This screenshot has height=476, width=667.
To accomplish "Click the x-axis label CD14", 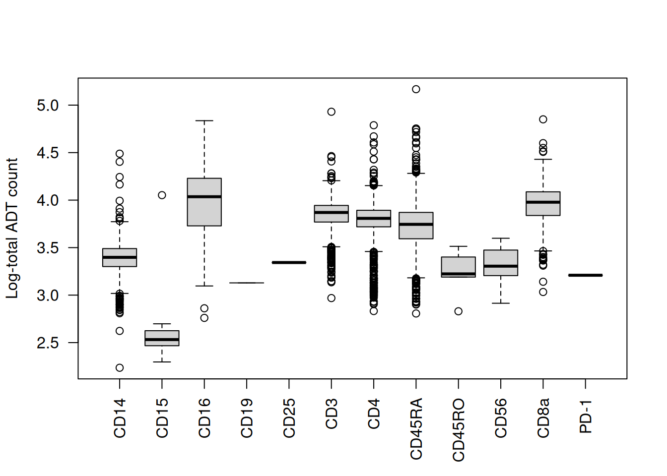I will click(120, 418).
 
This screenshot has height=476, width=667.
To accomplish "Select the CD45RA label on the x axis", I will click(416, 428).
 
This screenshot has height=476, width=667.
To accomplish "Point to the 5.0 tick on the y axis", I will click(48, 106).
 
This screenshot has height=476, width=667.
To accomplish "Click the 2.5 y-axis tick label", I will click(48, 343).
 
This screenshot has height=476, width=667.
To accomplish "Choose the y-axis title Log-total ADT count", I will click(12, 228).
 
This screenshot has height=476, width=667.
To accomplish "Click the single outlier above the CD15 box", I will click(162, 195).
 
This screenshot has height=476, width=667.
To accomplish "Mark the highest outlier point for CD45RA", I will click(416, 89).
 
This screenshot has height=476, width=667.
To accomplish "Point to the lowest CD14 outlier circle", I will click(120, 368).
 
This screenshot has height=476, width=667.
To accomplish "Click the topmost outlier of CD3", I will click(332, 112).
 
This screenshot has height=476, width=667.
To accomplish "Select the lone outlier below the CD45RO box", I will click(459, 311).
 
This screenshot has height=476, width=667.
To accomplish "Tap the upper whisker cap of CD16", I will click(204, 120).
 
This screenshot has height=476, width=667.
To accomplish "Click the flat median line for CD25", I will click(289, 262).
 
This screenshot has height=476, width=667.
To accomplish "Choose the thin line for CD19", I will click(247, 283).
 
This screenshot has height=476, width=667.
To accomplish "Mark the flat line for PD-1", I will click(586, 275).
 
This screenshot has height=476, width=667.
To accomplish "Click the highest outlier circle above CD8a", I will click(543, 119).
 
